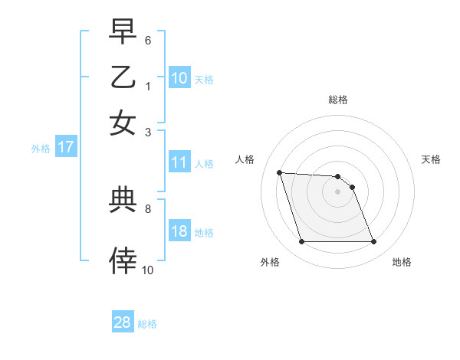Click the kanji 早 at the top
(x=123, y=34)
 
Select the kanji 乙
(x=123, y=78)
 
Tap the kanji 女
(x=123, y=123)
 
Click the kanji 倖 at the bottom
(x=123, y=260)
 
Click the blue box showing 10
(x=179, y=78)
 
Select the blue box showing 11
(x=179, y=162)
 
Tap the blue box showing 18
(x=179, y=232)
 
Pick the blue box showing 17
(x=65, y=148)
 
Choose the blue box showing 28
(x=123, y=322)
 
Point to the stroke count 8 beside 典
(x=147, y=208)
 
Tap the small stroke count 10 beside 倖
(x=148, y=270)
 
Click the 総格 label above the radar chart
(x=337, y=100)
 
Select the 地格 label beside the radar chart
(x=402, y=262)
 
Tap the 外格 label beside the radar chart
(x=270, y=262)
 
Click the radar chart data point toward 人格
(x=279, y=172)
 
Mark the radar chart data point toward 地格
(x=373, y=242)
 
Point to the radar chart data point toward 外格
(x=301, y=242)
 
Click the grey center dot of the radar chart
(x=337, y=191)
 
